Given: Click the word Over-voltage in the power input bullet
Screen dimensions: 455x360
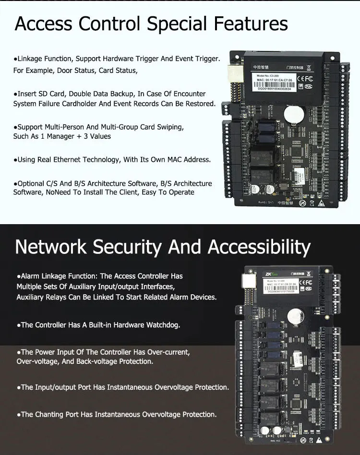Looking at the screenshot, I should coord(38,361).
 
